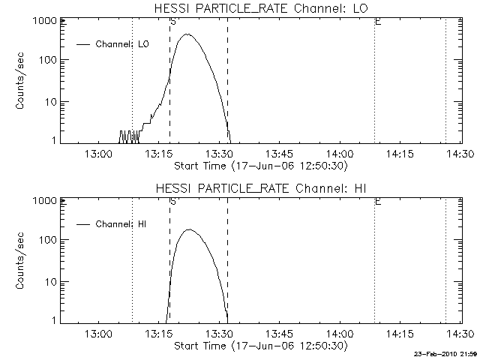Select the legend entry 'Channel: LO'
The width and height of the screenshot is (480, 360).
point(122,43)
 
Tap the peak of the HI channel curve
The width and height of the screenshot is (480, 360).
point(188,230)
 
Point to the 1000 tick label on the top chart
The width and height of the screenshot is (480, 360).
point(43,21)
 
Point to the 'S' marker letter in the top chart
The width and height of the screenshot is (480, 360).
point(173,22)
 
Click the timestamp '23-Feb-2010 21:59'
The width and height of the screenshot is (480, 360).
point(446,354)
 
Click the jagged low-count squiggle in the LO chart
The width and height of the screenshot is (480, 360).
point(129,136)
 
